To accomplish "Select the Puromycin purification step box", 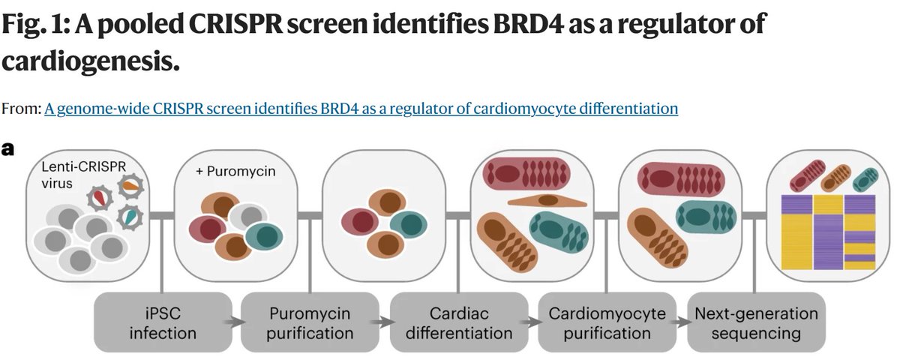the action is click(310, 322).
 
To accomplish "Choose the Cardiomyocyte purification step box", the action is click(607, 322).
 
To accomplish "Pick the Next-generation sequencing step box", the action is click(755, 322).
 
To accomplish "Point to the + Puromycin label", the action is click(235, 171).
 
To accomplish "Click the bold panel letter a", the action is click(8, 148).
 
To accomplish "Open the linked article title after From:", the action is click(361, 109).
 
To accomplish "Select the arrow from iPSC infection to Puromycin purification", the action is click(236, 322).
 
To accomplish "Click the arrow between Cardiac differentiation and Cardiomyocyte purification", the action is click(532, 322).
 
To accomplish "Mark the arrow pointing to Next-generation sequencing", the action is click(681, 322).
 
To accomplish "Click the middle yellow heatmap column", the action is click(828, 232).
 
